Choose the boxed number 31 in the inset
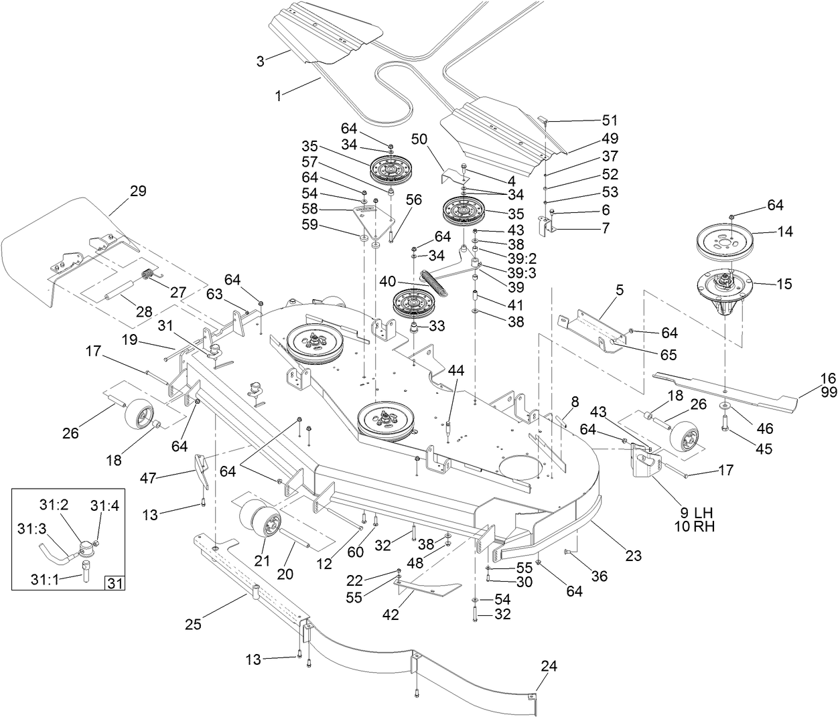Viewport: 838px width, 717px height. pyautogui.click(x=115, y=583)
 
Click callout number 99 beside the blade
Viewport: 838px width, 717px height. pyautogui.click(x=828, y=393)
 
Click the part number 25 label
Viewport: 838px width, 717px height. pyautogui.click(x=194, y=625)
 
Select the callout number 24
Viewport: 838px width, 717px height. pyautogui.click(x=548, y=666)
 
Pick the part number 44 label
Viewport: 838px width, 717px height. pyautogui.click(x=456, y=370)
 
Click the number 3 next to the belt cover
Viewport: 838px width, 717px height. pyautogui.click(x=260, y=61)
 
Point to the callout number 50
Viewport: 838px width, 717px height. pyautogui.click(x=419, y=139)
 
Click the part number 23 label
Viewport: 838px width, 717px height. pyautogui.click(x=633, y=555)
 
